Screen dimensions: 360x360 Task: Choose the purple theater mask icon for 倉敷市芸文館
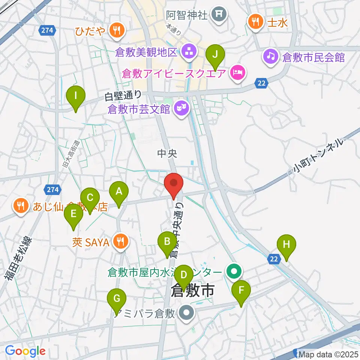[182, 109]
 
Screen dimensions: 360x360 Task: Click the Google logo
[25, 351]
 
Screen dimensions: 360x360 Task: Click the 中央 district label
[166, 153]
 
